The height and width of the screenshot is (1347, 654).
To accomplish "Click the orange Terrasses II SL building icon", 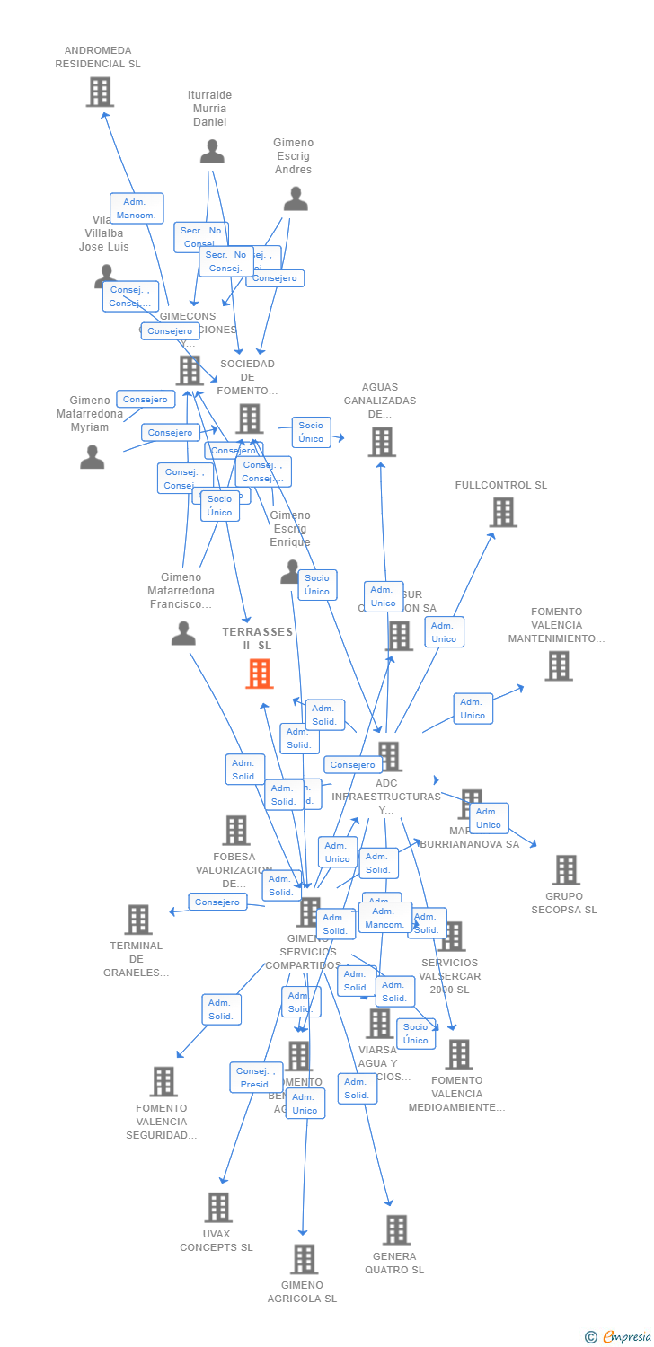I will (x=259, y=673).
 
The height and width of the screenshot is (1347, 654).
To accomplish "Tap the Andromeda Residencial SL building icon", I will (x=100, y=92).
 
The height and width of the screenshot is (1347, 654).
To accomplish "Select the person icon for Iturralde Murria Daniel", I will (x=212, y=152).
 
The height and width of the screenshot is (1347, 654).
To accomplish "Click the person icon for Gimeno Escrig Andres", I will (x=295, y=199).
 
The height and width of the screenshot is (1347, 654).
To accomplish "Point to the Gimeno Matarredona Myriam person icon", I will (x=93, y=457).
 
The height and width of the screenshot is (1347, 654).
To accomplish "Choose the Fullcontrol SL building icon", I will (x=503, y=512).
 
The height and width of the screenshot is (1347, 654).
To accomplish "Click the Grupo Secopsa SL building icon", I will (x=566, y=869).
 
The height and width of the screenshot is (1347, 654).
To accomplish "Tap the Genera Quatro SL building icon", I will (x=396, y=1229).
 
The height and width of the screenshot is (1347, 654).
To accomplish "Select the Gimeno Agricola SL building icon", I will (x=304, y=1259).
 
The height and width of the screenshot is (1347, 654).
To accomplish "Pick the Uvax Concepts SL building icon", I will (x=218, y=1208).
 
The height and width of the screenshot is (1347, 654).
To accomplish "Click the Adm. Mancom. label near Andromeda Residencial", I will (x=137, y=208).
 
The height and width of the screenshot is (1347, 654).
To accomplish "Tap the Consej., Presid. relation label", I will (x=255, y=1078).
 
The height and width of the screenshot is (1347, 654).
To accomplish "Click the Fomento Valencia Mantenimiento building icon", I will (x=558, y=665).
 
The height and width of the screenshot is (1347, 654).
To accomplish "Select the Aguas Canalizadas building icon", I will (x=382, y=442).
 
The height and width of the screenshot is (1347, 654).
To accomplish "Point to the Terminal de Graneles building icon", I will (x=138, y=920).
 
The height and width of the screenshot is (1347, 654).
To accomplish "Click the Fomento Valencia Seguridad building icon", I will (x=163, y=1082).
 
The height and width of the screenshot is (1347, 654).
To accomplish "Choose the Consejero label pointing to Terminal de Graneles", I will (x=217, y=902).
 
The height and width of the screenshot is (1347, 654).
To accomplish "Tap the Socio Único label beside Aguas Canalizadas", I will (x=311, y=432).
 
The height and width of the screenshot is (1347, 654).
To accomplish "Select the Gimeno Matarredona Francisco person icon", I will (x=183, y=634).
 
